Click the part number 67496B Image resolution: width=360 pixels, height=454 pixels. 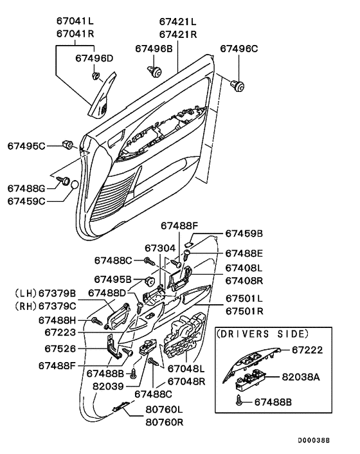point(154,49)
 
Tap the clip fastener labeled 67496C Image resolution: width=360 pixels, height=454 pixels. point(237,86)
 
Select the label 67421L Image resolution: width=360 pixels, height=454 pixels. point(177,22)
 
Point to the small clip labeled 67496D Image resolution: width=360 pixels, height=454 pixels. point(96,76)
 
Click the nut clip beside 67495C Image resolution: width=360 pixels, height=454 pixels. point(68,144)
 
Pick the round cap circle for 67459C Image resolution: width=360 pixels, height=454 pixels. point(75,185)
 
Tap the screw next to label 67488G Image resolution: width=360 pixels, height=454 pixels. point(64,181)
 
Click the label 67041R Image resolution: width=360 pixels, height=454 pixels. point(75,34)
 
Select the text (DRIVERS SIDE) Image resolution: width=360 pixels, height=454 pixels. point(263,334)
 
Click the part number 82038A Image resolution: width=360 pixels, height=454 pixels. point(301,377)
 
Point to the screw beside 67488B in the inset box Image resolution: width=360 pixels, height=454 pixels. point(239,401)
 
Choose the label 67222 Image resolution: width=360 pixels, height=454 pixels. point(307,350)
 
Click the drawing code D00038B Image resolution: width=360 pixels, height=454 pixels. point(314,440)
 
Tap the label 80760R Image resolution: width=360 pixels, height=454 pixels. point(165,422)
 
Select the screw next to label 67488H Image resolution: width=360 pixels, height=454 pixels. point(97,320)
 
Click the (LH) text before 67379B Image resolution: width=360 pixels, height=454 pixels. point(26,293)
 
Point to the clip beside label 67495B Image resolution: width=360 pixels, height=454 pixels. point(150,280)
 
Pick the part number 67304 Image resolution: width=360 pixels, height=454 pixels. point(160,248)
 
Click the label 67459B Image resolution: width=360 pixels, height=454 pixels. point(244,233)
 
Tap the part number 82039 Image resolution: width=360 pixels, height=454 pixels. point(108,386)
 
